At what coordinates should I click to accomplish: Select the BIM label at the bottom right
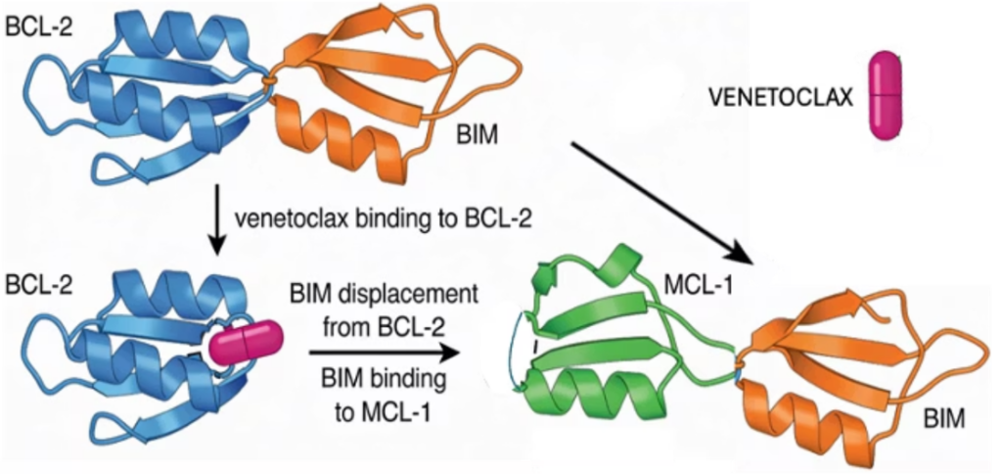pos(944,419)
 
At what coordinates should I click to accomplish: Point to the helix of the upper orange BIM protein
pos(353,137)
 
